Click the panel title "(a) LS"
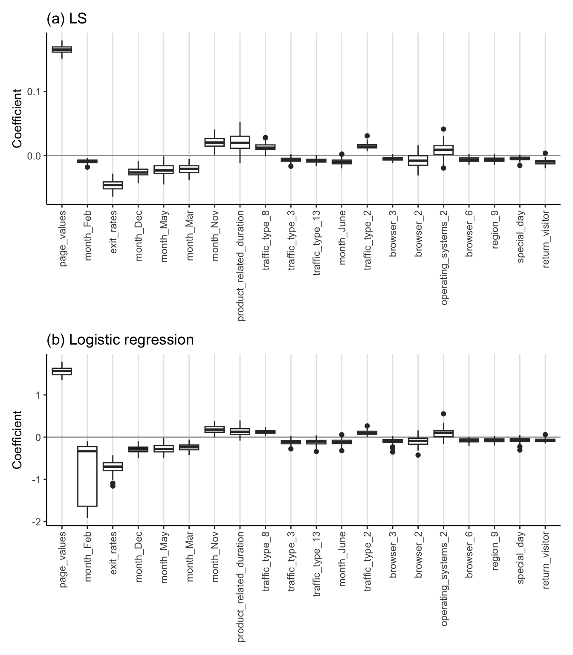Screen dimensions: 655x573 point(66,19)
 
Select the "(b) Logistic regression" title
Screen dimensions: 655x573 point(120,339)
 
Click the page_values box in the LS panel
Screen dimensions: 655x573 point(62,49)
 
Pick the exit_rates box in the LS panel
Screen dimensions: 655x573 point(113,185)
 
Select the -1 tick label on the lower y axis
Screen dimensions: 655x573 point(38,480)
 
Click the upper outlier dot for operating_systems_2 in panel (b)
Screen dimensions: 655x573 point(443,414)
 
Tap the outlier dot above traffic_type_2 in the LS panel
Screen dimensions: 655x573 point(367,136)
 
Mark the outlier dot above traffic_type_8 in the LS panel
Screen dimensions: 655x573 point(265,138)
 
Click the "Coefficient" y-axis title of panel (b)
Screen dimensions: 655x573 point(17,439)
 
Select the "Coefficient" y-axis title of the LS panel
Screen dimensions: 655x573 point(17,118)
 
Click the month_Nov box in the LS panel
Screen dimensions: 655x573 point(214,142)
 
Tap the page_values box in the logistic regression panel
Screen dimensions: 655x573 point(62,371)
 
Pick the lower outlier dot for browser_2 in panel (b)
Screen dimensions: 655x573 point(418,455)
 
